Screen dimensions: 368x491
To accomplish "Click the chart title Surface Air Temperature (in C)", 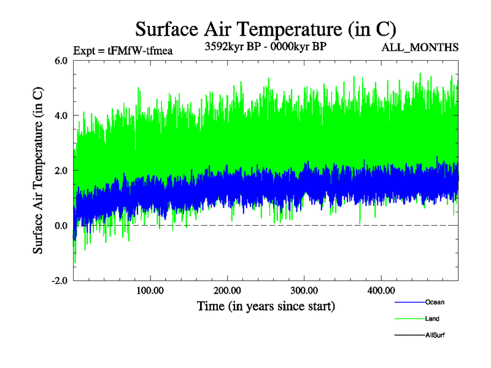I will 265,29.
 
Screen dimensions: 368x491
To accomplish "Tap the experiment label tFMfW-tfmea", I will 122,50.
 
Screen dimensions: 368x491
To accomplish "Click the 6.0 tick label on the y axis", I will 61,60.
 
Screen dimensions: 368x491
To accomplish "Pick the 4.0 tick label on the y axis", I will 61,115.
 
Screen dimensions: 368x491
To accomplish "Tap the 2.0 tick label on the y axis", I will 61,171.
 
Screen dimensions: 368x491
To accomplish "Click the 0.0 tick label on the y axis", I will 61,226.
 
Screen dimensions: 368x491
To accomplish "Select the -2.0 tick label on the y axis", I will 59,281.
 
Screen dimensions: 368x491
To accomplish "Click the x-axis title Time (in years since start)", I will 265,305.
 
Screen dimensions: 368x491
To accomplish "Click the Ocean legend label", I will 435,302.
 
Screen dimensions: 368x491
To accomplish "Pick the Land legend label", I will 432,319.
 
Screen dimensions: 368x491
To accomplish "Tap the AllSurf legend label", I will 435,335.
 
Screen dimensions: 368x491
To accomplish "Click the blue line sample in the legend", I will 408,302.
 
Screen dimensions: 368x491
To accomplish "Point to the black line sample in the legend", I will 408,335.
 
